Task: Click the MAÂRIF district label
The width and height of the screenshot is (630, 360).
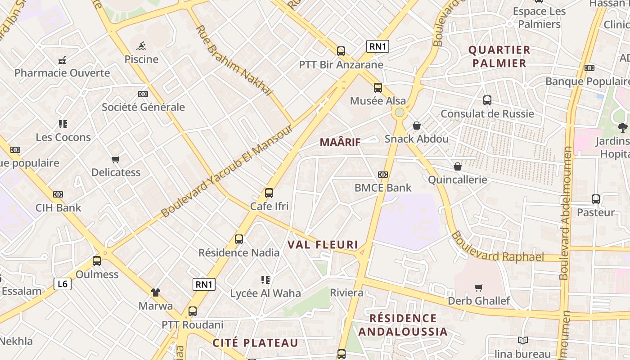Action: click(x=340, y=143)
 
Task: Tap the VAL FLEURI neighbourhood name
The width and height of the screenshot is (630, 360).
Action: click(x=323, y=245)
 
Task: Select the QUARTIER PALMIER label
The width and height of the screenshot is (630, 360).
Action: click(x=499, y=56)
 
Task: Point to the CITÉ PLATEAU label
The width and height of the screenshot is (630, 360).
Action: click(x=255, y=343)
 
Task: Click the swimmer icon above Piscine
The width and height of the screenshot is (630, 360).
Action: click(x=141, y=46)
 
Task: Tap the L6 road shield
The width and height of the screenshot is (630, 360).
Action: click(x=63, y=284)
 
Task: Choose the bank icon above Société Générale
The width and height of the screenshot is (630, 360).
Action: click(x=143, y=94)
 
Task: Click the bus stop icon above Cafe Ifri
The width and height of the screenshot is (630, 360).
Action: click(x=269, y=193)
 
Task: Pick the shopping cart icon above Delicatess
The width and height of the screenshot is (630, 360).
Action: click(x=116, y=159)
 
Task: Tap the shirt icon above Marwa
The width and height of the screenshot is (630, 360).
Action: click(x=155, y=292)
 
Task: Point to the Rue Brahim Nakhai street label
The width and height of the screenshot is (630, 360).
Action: click(x=234, y=60)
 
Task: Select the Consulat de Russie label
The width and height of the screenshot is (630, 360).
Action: click(x=487, y=114)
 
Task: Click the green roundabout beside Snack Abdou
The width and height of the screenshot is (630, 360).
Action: click(x=399, y=112)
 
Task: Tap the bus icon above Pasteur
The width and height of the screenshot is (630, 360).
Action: click(x=596, y=199)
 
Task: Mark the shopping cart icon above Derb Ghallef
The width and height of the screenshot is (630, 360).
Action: click(x=479, y=288)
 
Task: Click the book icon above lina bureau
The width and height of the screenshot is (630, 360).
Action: click(x=522, y=341)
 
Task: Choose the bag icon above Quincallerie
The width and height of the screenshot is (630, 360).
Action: click(x=458, y=166)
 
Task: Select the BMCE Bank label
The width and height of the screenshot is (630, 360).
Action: click(x=383, y=188)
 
